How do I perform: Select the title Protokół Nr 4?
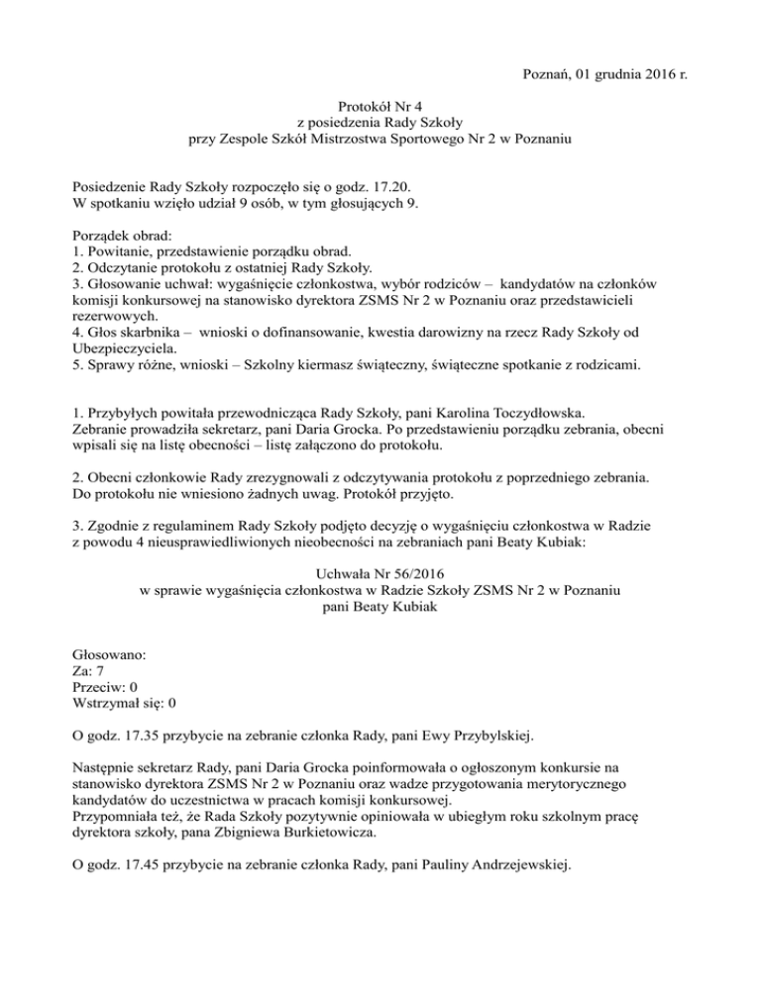pyautogui.click(x=381, y=104)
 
